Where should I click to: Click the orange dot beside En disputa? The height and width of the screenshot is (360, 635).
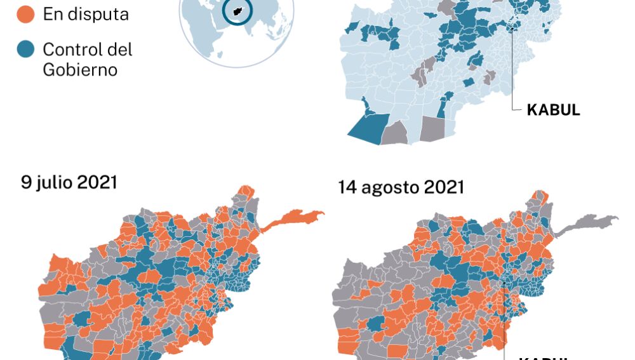point(25,15)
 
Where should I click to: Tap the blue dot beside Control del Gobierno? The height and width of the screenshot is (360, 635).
point(25,50)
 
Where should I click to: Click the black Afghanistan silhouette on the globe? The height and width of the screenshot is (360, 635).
point(238,11)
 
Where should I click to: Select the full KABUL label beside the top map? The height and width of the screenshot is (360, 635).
point(553,110)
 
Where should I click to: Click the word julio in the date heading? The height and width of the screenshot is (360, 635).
point(53,182)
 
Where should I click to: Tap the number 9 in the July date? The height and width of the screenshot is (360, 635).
point(26,182)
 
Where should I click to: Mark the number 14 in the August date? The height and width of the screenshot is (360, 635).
point(346,187)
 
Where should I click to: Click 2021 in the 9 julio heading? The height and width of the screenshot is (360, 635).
point(97,182)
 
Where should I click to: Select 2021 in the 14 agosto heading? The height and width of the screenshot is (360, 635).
point(444,187)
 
